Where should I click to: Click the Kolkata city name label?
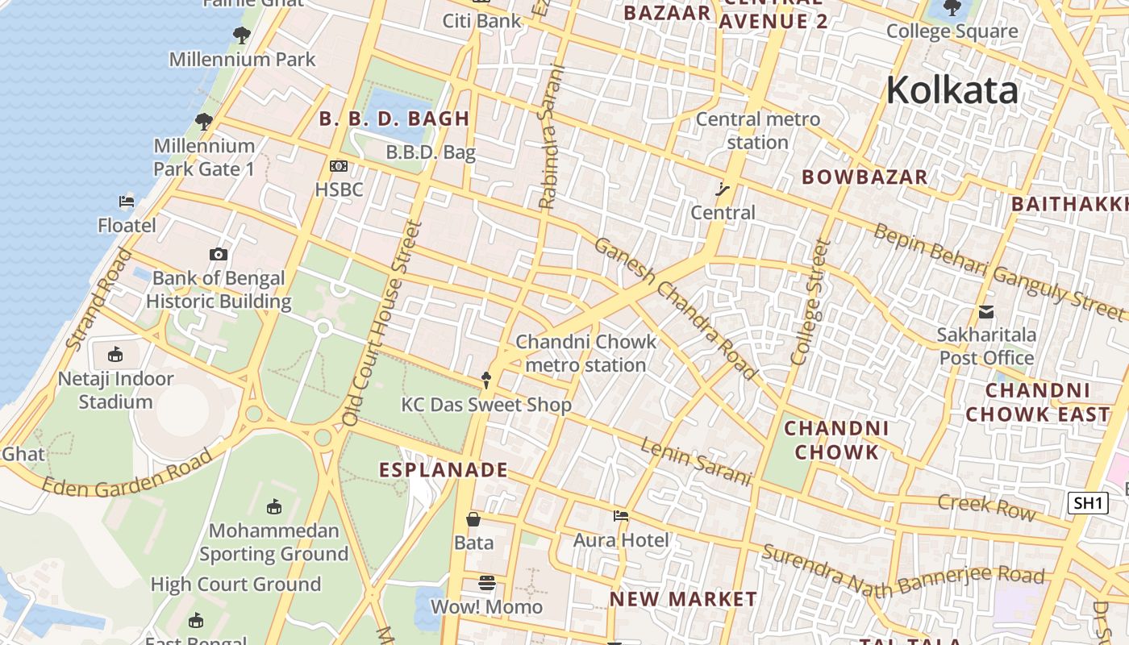952,89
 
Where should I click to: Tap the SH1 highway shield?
1087,503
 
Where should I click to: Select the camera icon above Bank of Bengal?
218,255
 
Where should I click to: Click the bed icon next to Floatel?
127,202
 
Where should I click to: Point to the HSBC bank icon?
339,166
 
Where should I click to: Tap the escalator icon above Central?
723,189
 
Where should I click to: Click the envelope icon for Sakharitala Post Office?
985,312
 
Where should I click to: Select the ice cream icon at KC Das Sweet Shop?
485,379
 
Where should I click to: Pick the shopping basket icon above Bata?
473,519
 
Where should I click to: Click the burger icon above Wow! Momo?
486,582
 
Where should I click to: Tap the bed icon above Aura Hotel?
620,516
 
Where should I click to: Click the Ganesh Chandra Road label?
676,308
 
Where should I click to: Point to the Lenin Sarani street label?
697,462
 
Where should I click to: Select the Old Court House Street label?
382,322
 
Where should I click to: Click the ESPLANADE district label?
444,469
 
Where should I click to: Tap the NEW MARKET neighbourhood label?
683,599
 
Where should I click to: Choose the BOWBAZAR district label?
864,177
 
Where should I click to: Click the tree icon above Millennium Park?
241,35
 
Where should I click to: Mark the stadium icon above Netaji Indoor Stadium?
115,354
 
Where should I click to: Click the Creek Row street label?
986,506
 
